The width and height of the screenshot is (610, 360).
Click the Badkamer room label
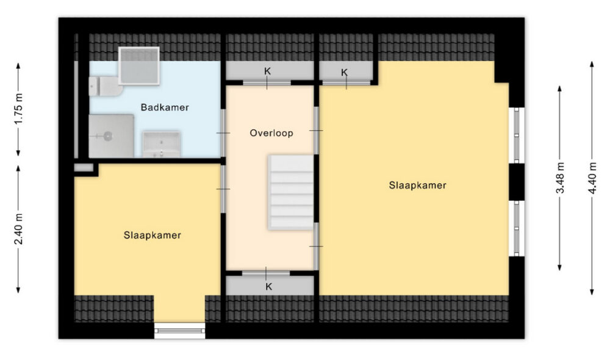(165, 107)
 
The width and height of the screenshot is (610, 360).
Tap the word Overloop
(271, 133)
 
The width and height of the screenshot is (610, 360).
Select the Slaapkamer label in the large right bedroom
(417, 185)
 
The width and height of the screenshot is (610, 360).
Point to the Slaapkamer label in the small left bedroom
(152, 236)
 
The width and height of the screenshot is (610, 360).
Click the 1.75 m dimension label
(18, 109)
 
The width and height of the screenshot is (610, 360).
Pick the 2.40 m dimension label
(18, 229)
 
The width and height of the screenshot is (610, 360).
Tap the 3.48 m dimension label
(560, 178)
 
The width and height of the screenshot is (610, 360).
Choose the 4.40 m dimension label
(592, 178)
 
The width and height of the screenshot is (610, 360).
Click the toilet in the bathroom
(106, 86)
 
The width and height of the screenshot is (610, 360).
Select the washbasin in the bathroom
(162, 145)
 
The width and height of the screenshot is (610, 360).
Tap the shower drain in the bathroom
(107, 136)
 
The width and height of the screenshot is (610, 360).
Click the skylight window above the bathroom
(139, 66)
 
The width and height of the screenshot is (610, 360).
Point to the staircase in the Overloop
(290, 192)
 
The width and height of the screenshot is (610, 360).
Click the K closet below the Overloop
(270, 286)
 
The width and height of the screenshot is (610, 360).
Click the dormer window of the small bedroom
(180, 331)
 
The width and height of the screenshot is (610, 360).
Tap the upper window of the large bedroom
(517, 135)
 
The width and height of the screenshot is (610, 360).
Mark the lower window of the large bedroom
(517, 228)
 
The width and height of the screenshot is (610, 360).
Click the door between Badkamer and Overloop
(223, 133)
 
